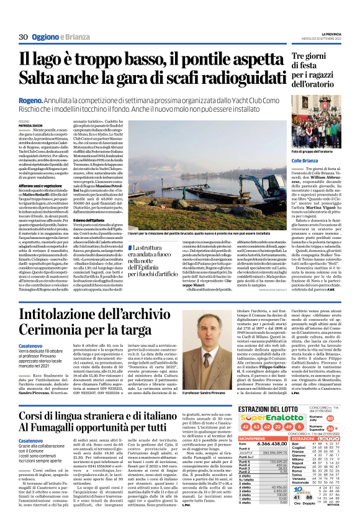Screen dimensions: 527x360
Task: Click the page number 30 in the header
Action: pyautogui.click(x=23, y=37)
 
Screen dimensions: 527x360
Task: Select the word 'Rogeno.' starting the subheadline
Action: pyautogui.click(x=31, y=99)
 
